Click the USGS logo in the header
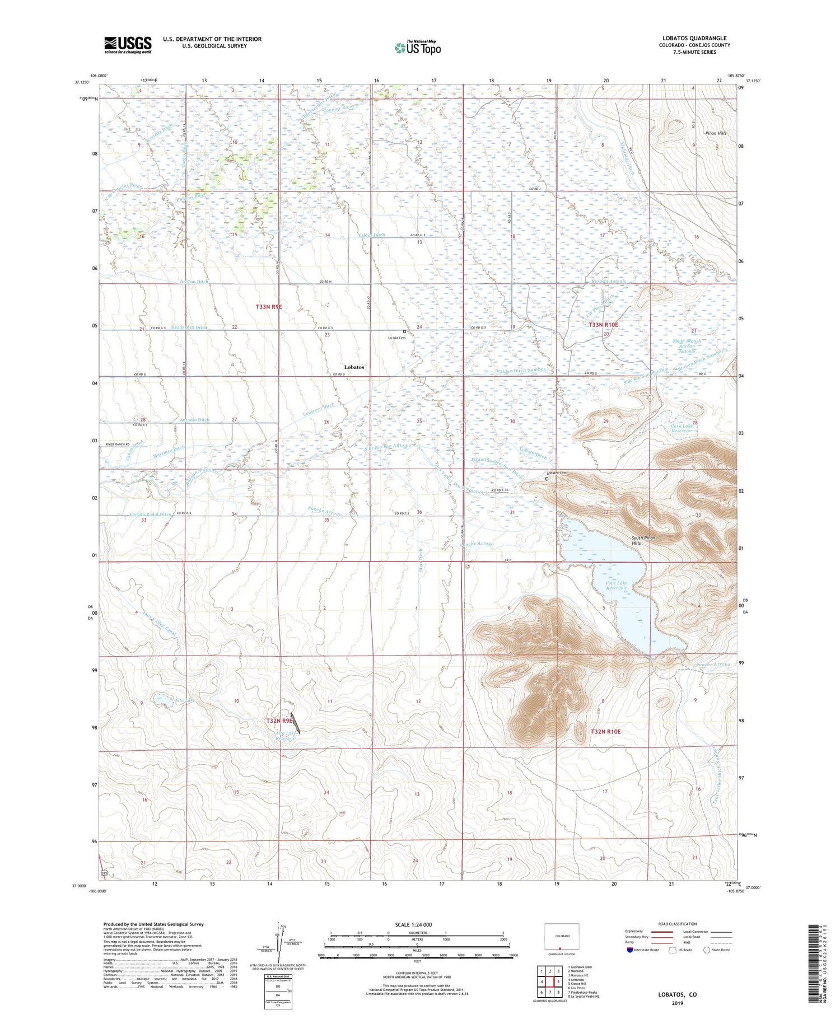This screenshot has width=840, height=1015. pos(128,45)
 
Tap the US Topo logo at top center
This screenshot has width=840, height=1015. pos(417,48)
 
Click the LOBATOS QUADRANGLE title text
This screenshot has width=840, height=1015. pos(694,38)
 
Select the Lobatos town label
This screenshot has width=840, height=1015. pos(353,367)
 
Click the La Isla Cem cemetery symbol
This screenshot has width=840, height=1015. pos(404,331)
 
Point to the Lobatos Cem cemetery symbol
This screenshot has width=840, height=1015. pos(547,479)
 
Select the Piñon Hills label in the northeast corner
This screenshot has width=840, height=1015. pos(715,133)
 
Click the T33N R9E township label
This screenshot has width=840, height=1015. pos(268,307)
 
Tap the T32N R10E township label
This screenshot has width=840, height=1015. pos(606,732)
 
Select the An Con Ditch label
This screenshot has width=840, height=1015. pos(194,282)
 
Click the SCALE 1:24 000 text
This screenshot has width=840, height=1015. pos(413,924)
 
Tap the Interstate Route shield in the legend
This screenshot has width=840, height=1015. pos(629,949)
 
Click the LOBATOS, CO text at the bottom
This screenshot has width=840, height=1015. pos(676,994)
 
